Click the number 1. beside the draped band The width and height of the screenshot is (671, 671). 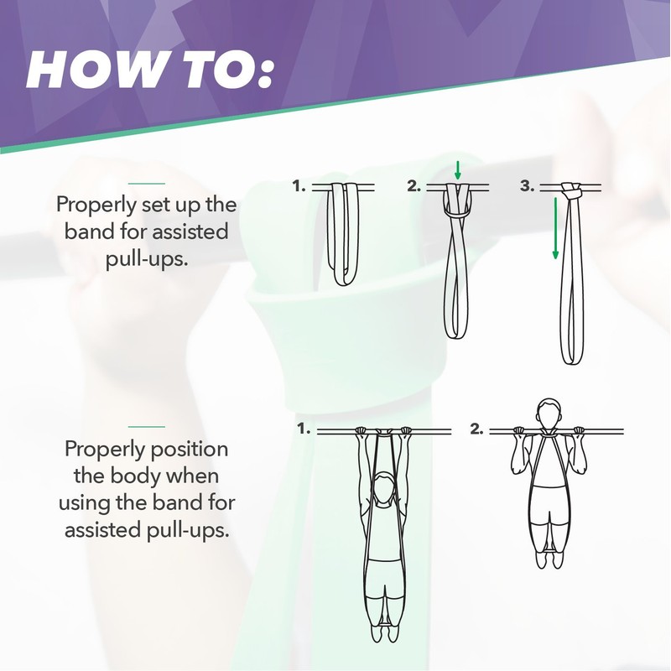[x=299, y=186]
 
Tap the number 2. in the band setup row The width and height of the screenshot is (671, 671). [x=414, y=186]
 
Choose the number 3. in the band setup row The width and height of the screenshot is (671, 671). [x=527, y=186]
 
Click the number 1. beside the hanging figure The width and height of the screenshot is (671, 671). [x=304, y=429]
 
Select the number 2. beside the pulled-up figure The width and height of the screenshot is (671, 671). [x=476, y=429]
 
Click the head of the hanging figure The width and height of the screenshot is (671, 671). [x=384, y=489]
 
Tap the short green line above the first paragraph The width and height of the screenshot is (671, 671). [x=147, y=182]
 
